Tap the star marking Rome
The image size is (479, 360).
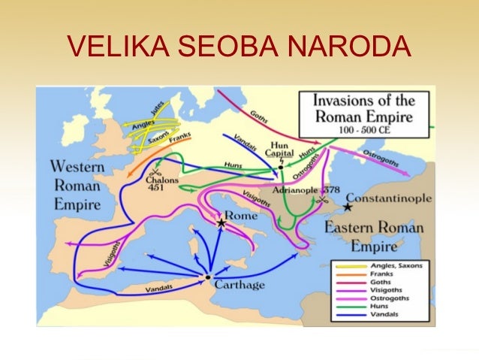tap(221, 223)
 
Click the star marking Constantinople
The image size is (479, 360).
tap(348, 205)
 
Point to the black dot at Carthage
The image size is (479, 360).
tap(208, 278)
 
